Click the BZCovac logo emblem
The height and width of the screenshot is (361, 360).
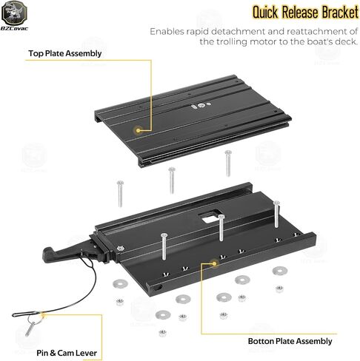click(14, 13)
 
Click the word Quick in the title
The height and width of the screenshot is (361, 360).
click(264, 12)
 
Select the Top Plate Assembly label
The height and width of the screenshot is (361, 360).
click(65, 53)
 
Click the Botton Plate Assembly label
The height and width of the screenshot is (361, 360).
click(290, 341)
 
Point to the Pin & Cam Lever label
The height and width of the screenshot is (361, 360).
click(67, 353)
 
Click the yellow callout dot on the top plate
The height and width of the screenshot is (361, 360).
click(138, 130)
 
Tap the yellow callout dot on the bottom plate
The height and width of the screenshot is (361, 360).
click(214, 263)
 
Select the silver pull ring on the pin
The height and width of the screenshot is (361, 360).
click(33, 320)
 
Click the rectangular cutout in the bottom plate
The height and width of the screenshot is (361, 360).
click(210, 216)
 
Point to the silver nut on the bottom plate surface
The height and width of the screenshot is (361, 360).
click(121, 249)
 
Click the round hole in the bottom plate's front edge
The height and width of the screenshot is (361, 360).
click(159, 287)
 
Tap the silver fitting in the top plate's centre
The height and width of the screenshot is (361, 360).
click(201, 106)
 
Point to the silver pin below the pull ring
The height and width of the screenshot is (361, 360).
click(30, 329)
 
